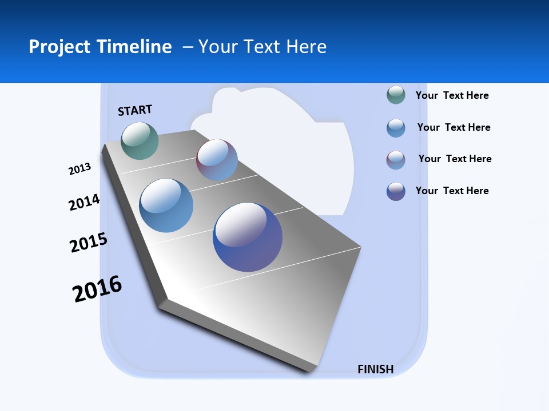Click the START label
click(135, 110)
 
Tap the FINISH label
click(375, 369)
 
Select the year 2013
click(79, 169)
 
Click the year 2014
click(84, 203)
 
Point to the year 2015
click(89, 243)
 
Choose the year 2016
click(97, 289)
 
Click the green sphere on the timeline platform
click(140, 140)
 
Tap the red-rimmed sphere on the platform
click(217, 160)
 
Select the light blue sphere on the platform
click(166, 205)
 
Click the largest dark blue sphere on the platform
click(248, 237)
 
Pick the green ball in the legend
click(396, 95)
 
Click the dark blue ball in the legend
click(396, 191)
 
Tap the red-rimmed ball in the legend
click(396, 160)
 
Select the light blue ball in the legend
click(396, 128)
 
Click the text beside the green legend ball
click(452, 95)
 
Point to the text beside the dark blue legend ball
click(452, 191)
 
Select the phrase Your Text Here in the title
click(262, 47)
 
